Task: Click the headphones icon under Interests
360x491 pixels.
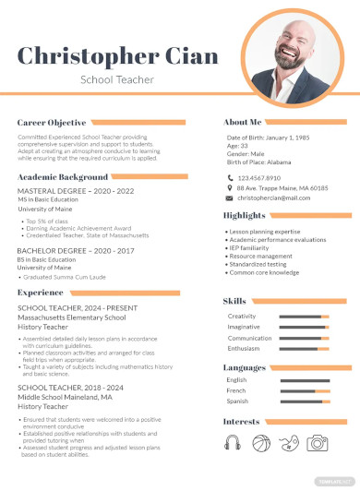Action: pyautogui.click(x=233, y=443)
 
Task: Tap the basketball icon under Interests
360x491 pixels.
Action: pyautogui.click(x=261, y=443)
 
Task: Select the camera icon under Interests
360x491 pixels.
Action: pyautogui.click(x=318, y=443)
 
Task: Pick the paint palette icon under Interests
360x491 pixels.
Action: pyautogui.click(x=290, y=443)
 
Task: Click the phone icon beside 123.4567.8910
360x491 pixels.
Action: pyautogui.click(x=229, y=177)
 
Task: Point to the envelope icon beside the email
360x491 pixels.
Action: pyautogui.click(x=229, y=198)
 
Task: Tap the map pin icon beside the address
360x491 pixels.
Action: pyautogui.click(x=229, y=187)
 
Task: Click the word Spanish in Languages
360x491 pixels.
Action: pyautogui.click(x=237, y=401)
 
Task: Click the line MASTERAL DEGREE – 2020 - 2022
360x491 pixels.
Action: pyautogui.click(x=75, y=191)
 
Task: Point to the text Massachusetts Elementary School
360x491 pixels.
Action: pyautogui.click(x=71, y=317)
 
